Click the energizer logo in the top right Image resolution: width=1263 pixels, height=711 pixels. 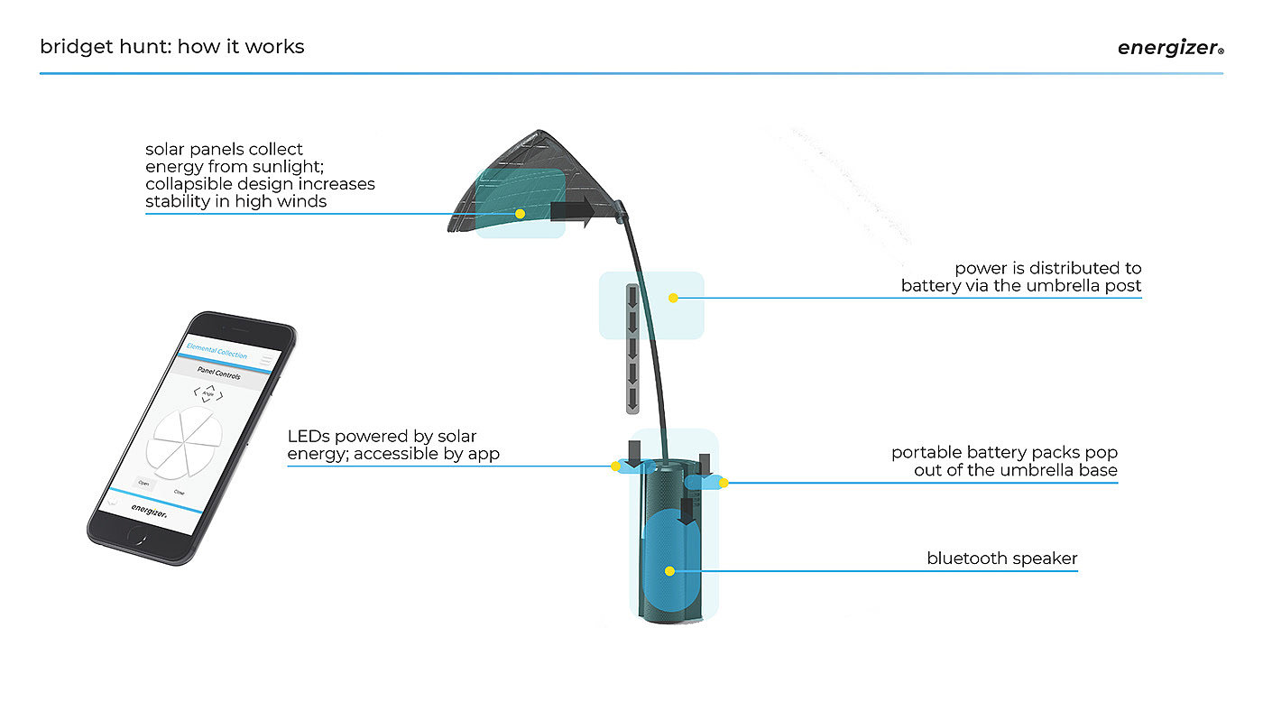(1169, 49)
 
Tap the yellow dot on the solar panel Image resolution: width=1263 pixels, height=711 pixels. (520, 214)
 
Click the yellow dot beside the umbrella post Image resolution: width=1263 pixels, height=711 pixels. (673, 298)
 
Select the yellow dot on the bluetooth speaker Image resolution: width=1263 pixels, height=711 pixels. (668, 571)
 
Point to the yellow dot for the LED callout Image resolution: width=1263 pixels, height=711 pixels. (615, 466)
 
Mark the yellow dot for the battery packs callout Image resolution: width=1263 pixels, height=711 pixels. (724, 483)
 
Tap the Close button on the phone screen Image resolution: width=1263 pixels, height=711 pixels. (180, 492)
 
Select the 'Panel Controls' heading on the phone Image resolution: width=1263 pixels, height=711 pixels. (219, 374)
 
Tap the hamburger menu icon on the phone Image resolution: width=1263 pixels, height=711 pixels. (267, 360)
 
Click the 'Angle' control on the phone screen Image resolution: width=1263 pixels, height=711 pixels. (208, 393)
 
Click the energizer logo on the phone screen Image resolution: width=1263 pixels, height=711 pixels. (148, 510)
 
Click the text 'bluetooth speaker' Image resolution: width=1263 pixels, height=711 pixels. (1001, 559)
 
